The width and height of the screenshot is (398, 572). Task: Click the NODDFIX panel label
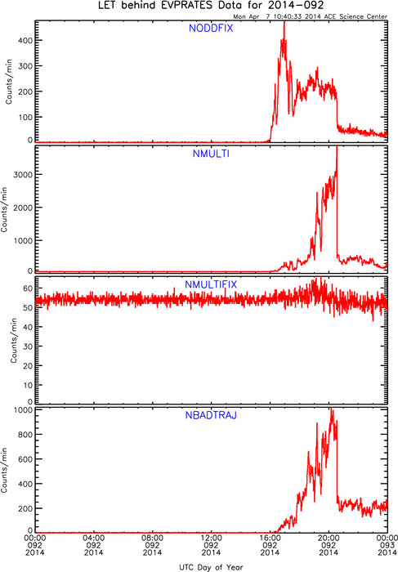point(211,28)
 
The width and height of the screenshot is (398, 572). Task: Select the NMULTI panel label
point(211,154)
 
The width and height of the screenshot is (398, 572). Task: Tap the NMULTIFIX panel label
point(211,284)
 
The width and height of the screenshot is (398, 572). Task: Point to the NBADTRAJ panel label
point(211,415)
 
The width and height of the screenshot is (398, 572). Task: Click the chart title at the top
point(211,6)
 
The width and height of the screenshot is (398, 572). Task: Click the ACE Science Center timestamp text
point(311,16)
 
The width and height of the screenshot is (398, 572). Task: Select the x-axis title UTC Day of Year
point(211,567)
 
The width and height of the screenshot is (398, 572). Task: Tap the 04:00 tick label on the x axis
point(94,538)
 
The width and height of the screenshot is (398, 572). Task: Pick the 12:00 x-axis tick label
point(211,538)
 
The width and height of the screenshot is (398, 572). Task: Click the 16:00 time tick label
point(270,538)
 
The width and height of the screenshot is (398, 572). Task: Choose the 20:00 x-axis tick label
point(329,538)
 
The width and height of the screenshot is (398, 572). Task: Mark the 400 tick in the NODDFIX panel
point(25,41)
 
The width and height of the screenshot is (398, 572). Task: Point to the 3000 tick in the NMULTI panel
point(23,175)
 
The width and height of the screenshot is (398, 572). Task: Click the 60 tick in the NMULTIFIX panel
point(28,288)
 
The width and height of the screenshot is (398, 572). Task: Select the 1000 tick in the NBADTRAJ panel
point(23,410)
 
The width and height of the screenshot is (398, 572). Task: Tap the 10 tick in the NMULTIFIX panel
point(28,385)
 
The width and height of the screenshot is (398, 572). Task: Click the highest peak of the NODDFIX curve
point(284,22)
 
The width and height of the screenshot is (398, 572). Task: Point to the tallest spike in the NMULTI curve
point(337,147)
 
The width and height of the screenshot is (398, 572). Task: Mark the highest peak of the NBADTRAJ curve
point(332,409)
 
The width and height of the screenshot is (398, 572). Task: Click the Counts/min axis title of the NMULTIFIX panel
point(14,340)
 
